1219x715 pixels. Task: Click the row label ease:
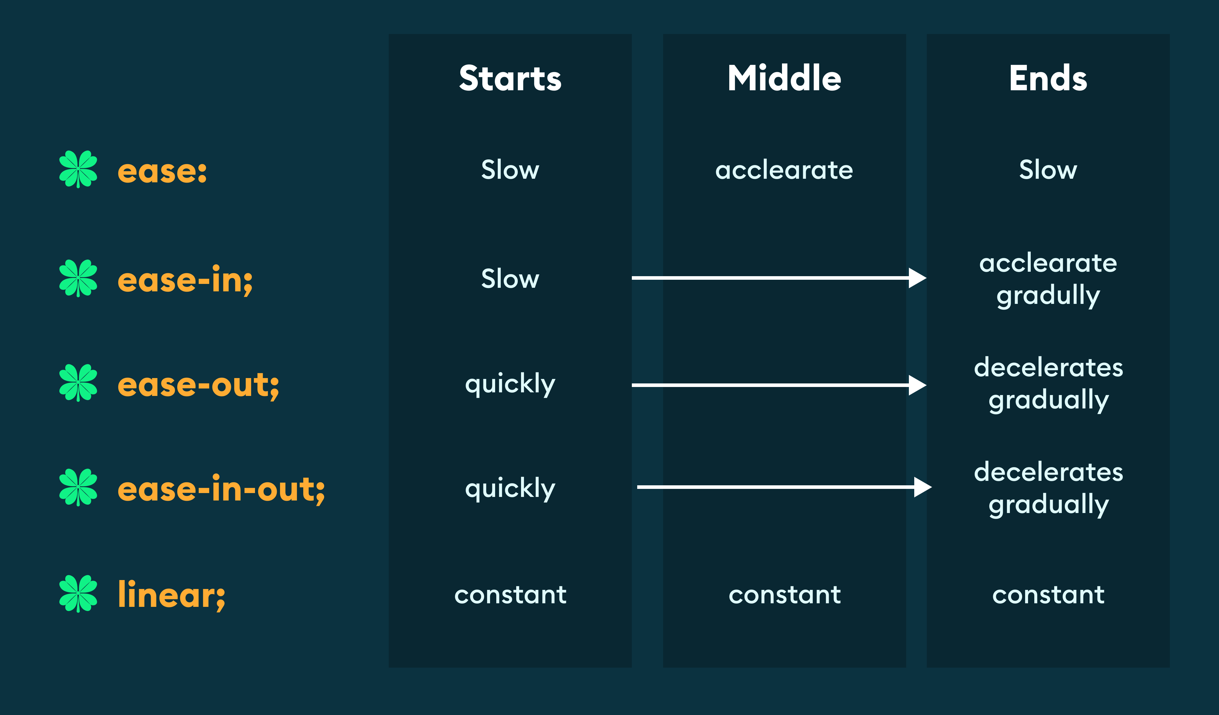pos(162,171)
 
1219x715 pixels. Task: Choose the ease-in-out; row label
pos(221,489)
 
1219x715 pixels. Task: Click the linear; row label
pos(171,595)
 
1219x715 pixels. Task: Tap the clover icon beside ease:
pos(78,169)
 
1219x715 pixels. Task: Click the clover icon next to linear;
pos(78,593)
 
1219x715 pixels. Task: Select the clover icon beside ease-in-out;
pos(78,487)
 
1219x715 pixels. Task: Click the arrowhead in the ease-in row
pos(917,278)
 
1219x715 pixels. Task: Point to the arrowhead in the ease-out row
pos(917,385)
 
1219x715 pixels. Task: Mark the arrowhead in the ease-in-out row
pos(922,487)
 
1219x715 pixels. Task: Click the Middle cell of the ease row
pos(784,170)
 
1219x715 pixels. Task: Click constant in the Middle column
pos(784,595)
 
